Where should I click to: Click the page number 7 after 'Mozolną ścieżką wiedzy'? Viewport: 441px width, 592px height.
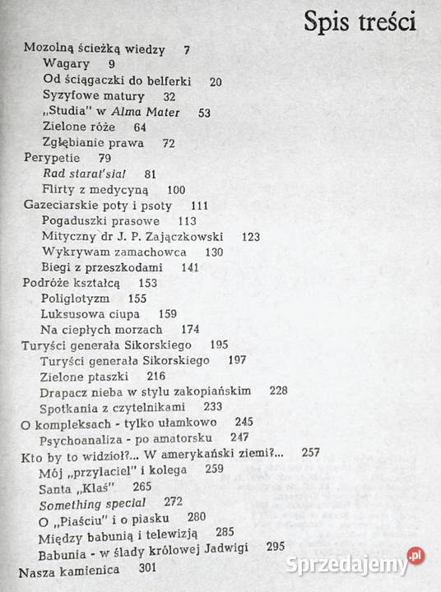(188, 49)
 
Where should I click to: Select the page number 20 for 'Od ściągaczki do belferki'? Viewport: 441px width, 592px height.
(216, 81)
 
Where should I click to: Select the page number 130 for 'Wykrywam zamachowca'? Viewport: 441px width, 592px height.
(214, 252)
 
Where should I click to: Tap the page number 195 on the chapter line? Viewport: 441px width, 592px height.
(220, 345)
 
